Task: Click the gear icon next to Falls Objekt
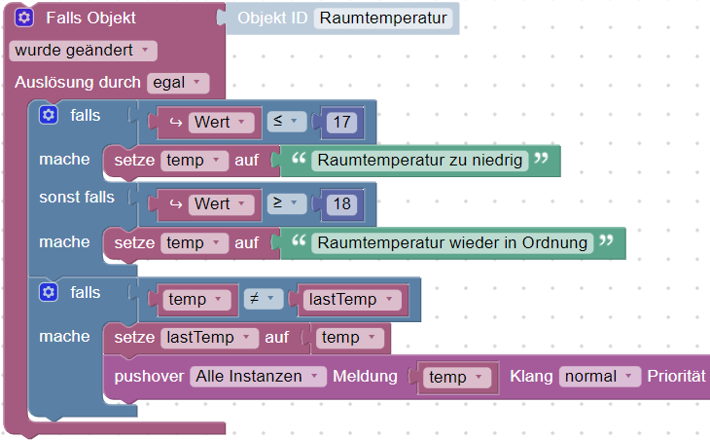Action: pos(24,18)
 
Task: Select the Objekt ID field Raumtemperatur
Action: pos(383,18)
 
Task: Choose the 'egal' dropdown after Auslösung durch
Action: pos(177,83)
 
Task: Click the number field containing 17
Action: pos(340,122)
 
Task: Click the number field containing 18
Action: pos(340,204)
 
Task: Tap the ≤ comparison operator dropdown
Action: pos(285,122)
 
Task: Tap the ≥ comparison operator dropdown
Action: pos(285,204)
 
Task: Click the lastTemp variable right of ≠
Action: pos(351,300)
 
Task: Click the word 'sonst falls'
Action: pos(76,198)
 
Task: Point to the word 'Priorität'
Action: pos(678,376)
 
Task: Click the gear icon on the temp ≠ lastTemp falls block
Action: pos(48,292)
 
